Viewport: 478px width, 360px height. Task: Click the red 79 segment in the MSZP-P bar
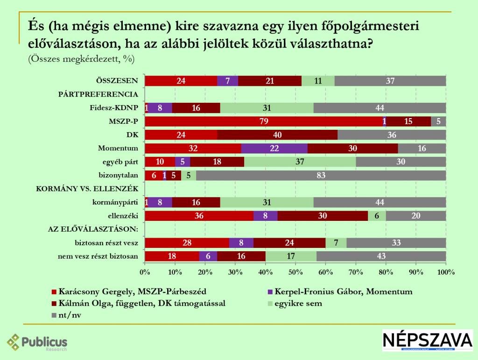point(264,121)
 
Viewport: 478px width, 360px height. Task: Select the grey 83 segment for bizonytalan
point(321,176)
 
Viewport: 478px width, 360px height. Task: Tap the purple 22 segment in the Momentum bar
point(274,148)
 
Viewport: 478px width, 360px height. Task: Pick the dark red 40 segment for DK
point(277,135)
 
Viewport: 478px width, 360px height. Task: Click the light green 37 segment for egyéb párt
point(300,162)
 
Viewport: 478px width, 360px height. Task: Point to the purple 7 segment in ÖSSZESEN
point(227,81)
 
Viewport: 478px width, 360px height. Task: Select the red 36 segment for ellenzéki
point(199,216)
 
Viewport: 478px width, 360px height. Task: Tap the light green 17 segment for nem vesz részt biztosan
point(291,256)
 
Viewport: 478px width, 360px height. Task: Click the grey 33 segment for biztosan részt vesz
point(396,243)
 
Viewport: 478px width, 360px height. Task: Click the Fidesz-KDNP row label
point(114,108)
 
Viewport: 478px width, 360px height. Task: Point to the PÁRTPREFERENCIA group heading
point(98,94)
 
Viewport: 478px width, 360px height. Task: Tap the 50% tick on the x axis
point(295,272)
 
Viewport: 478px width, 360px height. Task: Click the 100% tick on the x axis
point(446,272)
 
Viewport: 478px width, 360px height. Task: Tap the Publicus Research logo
point(37,343)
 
